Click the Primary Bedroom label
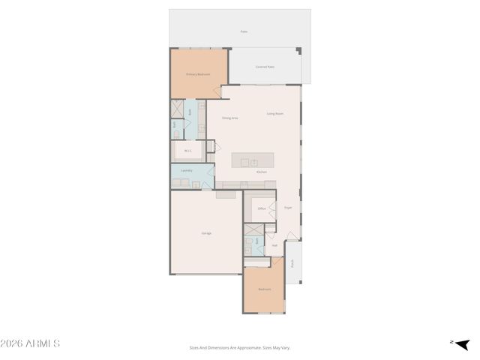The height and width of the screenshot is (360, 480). click(x=197, y=74)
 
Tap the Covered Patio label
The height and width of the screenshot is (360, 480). click(x=265, y=67)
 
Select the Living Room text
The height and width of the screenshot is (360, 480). click(x=275, y=114)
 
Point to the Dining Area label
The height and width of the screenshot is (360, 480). click(x=230, y=118)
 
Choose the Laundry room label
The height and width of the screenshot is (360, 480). click(x=187, y=170)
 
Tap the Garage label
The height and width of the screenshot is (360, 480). click(x=206, y=233)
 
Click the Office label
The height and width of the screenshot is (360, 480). click(x=262, y=208)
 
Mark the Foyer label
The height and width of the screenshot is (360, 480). click(x=288, y=208)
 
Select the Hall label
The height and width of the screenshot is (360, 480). click(x=274, y=245)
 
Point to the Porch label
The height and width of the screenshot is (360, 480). click(x=293, y=262)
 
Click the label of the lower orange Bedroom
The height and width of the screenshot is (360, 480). click(x=264, y=289)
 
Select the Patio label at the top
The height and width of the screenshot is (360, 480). click(x=244, y=31)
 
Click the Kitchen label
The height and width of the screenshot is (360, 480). click(x=261, y=172)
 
